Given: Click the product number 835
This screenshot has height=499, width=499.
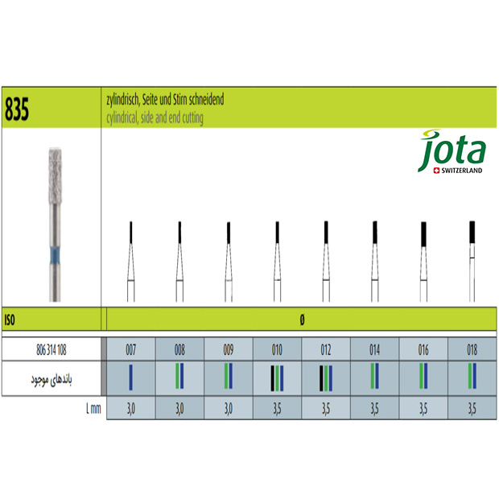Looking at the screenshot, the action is [17, 109].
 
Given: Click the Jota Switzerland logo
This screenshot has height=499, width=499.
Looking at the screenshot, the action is [452, 152].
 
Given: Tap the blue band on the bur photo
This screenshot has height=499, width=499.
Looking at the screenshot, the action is [55, 256].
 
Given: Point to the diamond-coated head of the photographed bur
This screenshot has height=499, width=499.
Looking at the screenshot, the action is [55, 175].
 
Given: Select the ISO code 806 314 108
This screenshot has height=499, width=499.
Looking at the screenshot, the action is [52, 350].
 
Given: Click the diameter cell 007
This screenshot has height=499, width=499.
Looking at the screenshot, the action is [131, 350].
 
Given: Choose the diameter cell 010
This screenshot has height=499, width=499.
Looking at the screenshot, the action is [277, 350].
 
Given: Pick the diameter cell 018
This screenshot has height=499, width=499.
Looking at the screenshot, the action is [472, 350].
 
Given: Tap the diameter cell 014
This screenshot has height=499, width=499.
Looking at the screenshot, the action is [374, 350].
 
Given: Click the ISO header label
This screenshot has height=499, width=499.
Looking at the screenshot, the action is [10, 320].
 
